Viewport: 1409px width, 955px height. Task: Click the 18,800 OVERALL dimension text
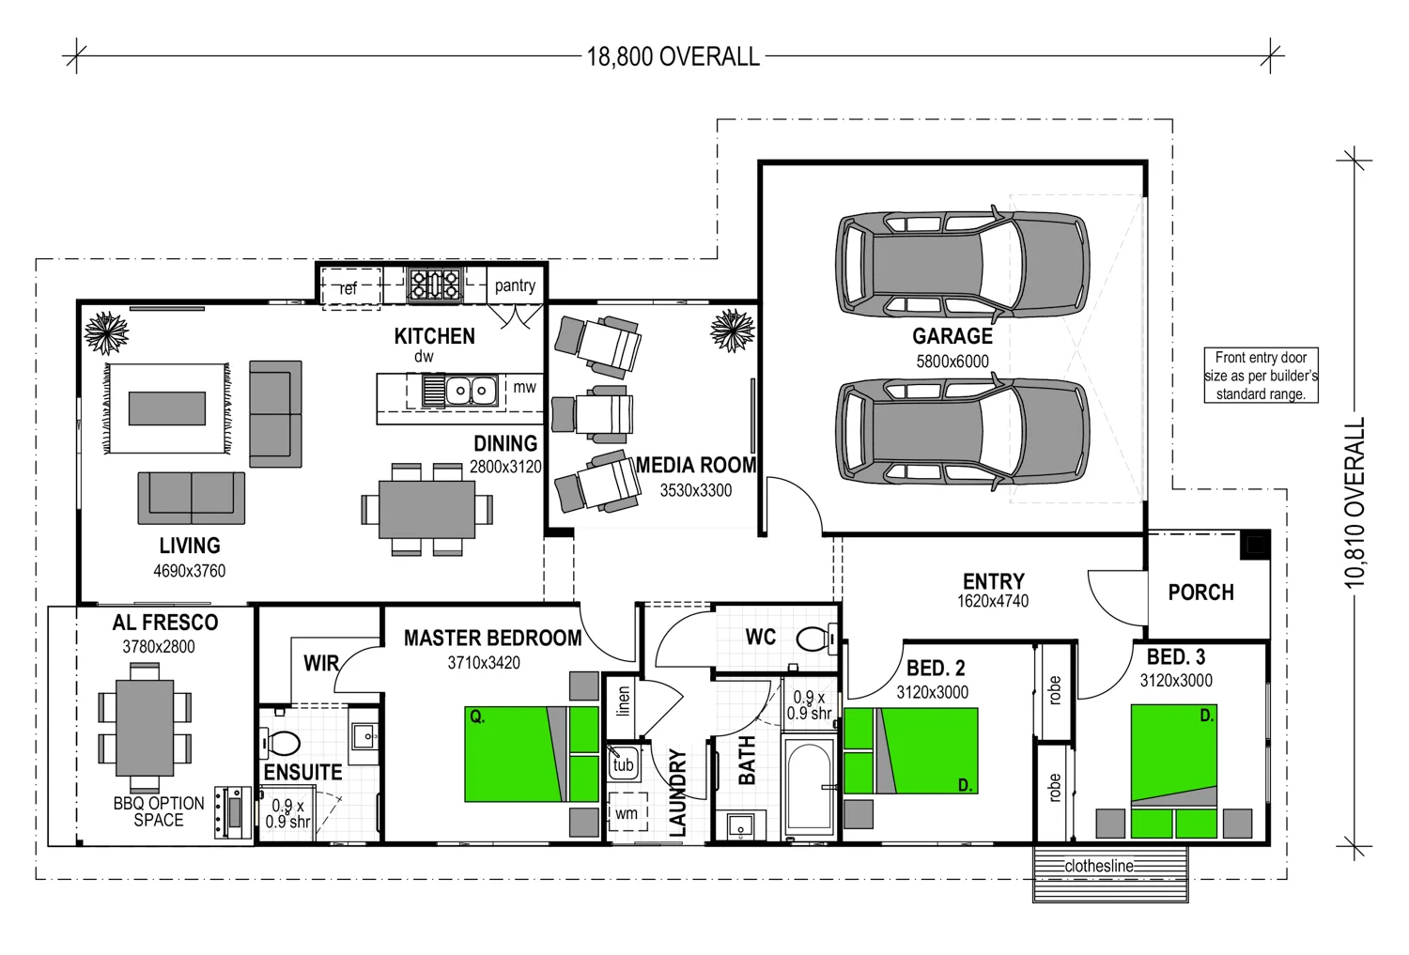673,57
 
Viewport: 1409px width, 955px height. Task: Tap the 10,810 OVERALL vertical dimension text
1354,503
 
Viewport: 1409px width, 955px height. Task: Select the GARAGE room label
952,336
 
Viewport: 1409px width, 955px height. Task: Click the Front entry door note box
1261,376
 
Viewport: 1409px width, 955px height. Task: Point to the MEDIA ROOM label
696,466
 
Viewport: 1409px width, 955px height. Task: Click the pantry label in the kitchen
515,285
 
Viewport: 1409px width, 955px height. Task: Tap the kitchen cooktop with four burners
434,285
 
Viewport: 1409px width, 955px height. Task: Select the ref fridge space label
348,288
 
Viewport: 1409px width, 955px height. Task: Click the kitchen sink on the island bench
470,390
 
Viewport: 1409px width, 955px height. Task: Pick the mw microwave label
524,387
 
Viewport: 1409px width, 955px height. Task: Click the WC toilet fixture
814,639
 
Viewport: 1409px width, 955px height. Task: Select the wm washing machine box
627,813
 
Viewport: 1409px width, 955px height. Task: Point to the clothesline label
1098,866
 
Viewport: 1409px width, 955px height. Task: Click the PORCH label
1200,593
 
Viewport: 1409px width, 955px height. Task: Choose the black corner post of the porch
1255,545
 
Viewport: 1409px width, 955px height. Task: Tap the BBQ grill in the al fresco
231,812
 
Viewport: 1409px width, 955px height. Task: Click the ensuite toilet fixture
281,744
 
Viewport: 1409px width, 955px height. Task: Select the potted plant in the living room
105,332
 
